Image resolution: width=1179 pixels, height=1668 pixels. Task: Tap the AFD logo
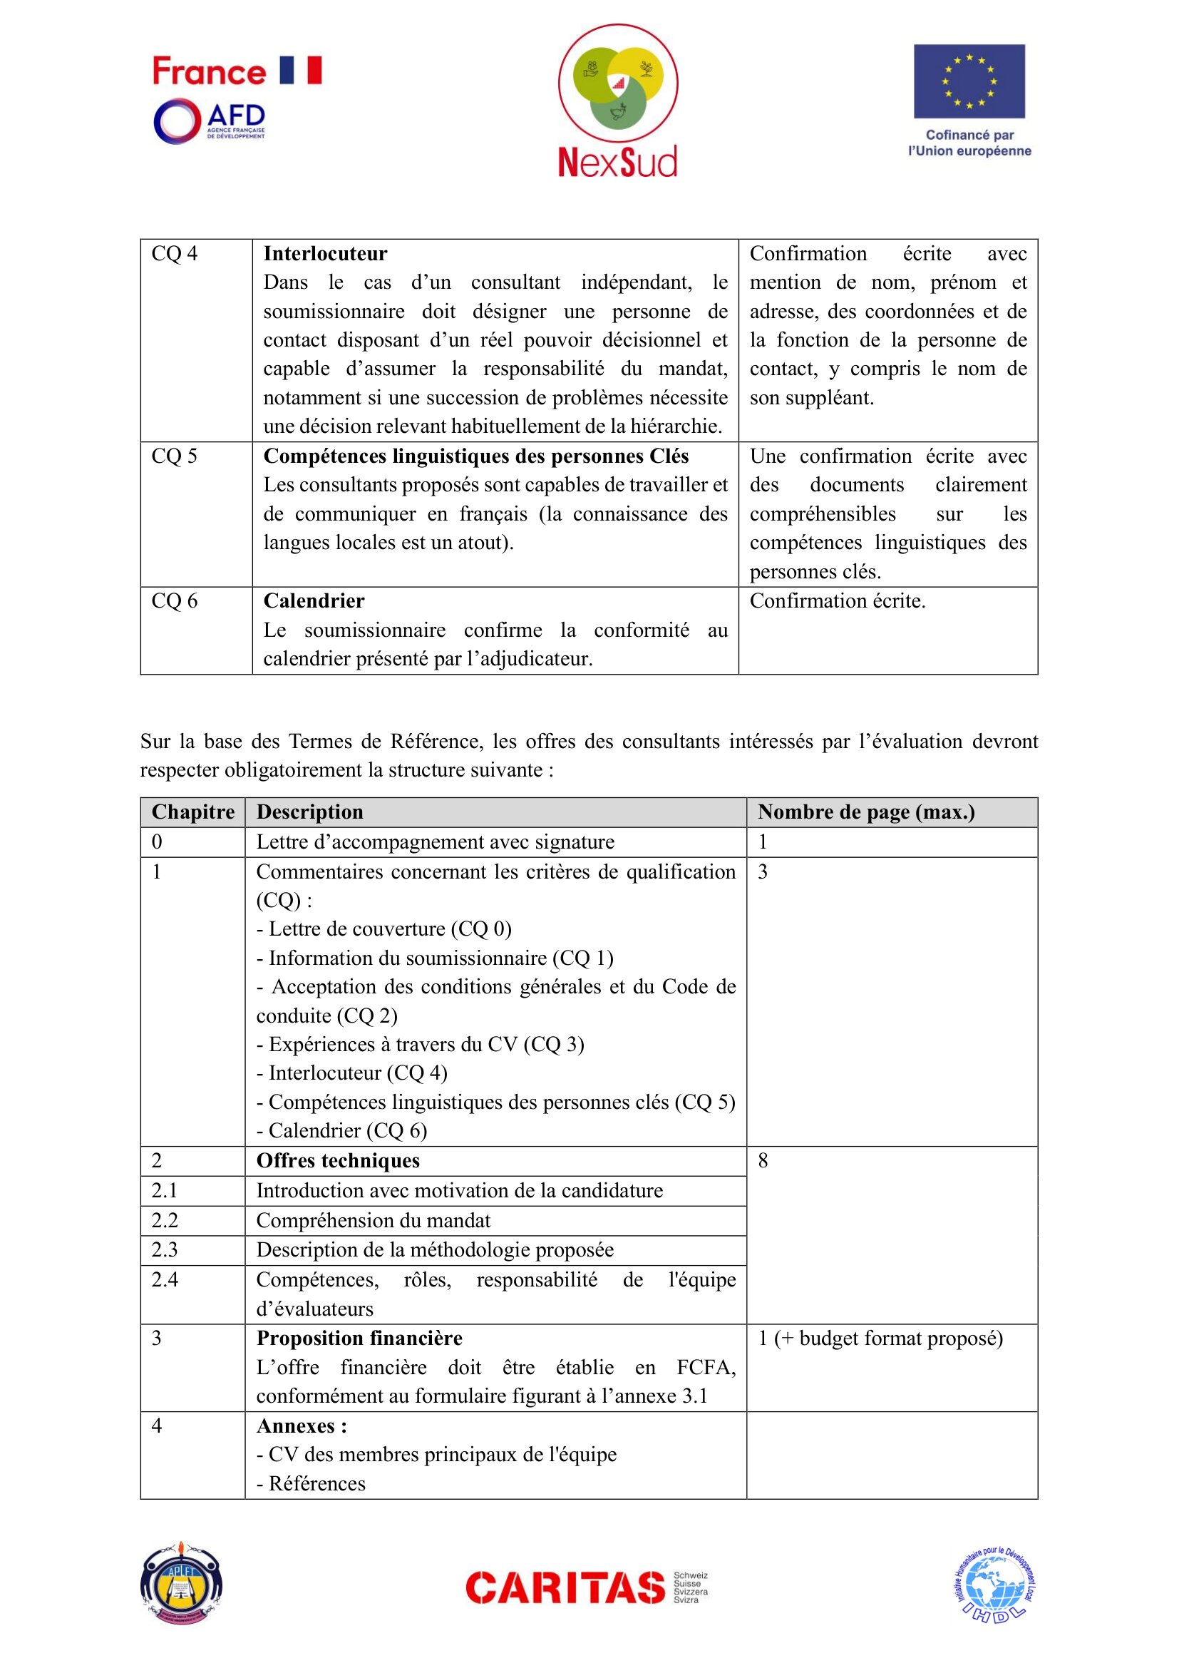click(210, 121)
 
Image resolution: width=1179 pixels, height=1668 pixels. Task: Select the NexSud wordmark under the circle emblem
click(617, 161)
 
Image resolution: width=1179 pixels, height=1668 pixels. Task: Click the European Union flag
click(969, 81)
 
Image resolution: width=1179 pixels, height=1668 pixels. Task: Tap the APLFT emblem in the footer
click(181, 1585)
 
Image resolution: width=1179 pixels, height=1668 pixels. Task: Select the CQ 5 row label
click(174, 456)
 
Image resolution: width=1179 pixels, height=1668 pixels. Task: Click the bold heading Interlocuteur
click(324, 254)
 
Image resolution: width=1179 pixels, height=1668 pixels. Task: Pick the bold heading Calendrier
click(314, 600)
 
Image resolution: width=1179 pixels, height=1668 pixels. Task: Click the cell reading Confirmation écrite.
click(837, 600)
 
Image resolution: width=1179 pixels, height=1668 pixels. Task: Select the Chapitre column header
click(192, 812)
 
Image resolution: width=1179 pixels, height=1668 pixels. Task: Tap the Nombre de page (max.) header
click(865, 812)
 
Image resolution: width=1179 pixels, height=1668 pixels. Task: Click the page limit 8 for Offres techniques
click(763, 1161)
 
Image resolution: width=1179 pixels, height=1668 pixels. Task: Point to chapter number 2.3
click(164, 1249)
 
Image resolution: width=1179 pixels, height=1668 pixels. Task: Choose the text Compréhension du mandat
click(373, 1220)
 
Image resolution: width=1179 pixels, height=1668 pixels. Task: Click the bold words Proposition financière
click(359, 1338)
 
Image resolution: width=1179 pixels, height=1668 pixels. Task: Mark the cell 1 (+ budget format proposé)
click(880, 1338)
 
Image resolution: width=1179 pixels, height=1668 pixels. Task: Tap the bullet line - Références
click(311, 1483)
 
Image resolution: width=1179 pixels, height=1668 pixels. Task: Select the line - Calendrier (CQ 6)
click(342, 1130)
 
